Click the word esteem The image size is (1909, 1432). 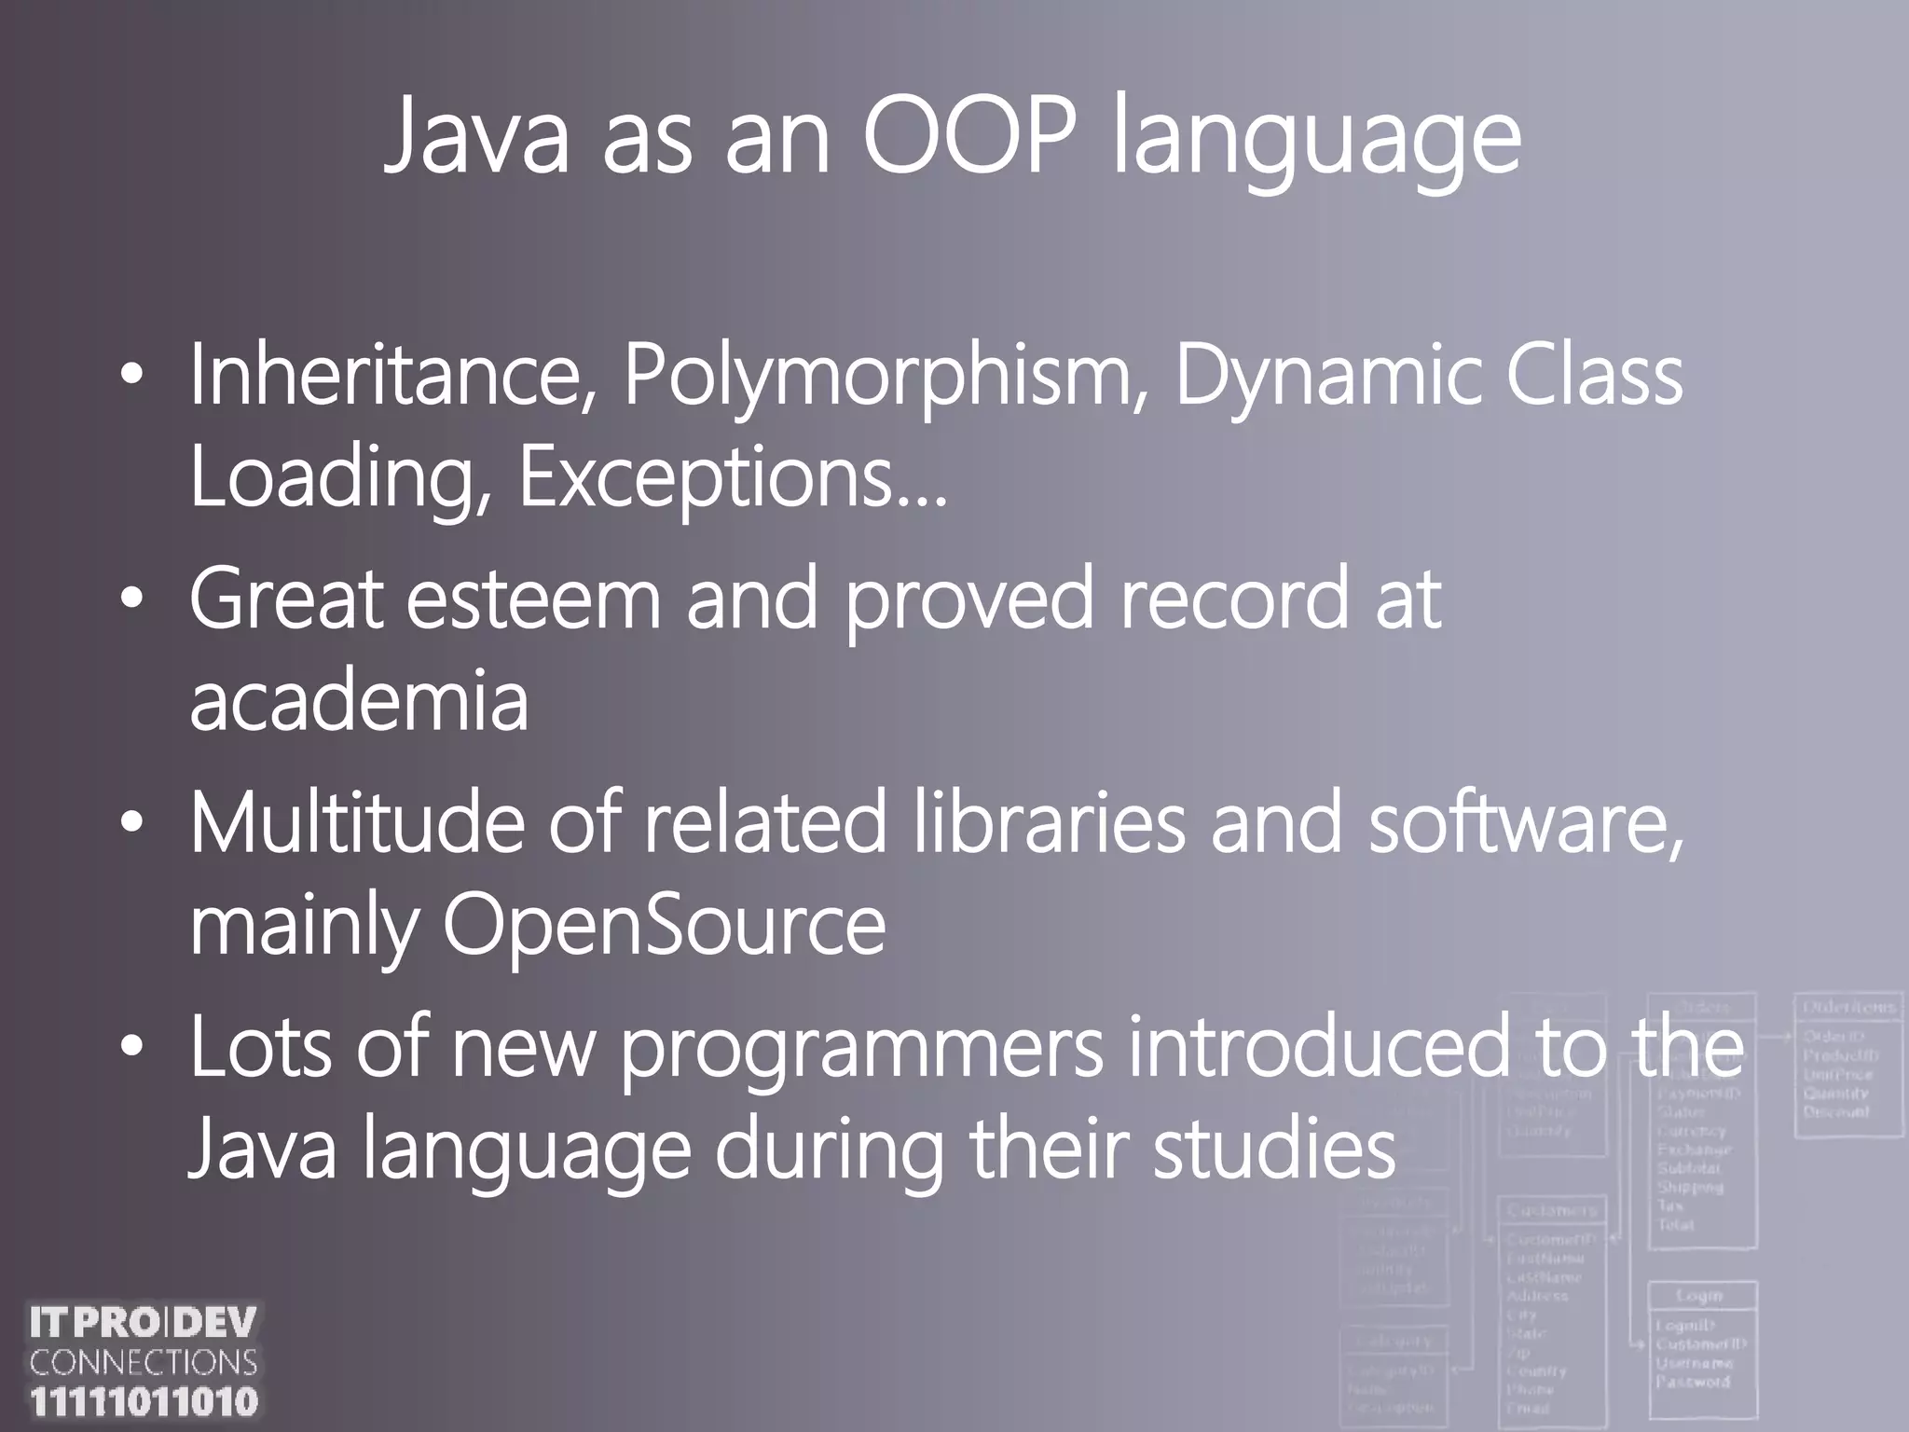pos(533,599)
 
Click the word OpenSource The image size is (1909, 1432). pos(664,925)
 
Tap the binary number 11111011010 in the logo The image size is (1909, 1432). pos(144,1402)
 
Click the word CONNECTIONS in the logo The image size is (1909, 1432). pos(144,1363)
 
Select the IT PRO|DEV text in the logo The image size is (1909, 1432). pos(144,1323)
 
